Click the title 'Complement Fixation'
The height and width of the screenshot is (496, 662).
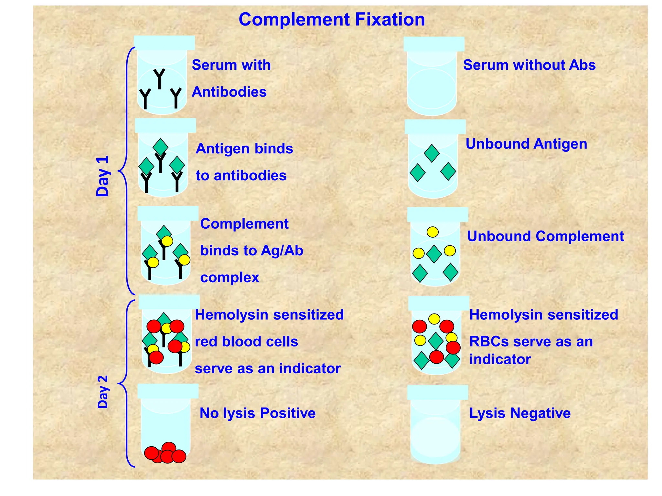pyautogui.click(x=331, y=19)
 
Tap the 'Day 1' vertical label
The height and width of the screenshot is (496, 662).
pyautogui.click(x=103, y=176)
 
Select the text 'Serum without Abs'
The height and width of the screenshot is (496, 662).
pyautogui.click(x=529, y=65)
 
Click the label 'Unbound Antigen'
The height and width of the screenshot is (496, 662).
pyautogui.click(x=526, y=144)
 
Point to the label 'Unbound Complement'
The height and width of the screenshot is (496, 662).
pyautogui.click(x=545, y=236)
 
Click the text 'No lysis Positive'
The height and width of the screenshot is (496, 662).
pyautogui.click(x=257, y=413)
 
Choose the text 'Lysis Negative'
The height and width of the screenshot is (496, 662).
pyautogui.click(x=520, y=413)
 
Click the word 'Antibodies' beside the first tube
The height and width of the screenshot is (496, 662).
pyautogui.click(x=229, y=92)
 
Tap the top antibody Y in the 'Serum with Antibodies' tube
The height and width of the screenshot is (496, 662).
pyautogui.click(x=159, y=78)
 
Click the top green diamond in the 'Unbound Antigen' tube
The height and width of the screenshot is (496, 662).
pyautogui.click(x=432, y=153)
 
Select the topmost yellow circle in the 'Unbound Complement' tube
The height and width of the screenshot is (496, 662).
pyautogui.click(x=432, y=232)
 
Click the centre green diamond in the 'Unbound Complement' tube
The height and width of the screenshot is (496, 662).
pyautogui.click(x=434, y=254)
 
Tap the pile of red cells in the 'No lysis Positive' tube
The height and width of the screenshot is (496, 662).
pyautogui.click(x=165, y=453)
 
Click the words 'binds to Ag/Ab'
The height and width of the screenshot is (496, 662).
pyautogui.click(x=251, y=251)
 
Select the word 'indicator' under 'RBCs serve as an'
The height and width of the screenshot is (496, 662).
pyautogui.click(x=500, y=359)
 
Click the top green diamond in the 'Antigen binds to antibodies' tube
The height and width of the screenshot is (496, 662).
pyautogui.click(x=160, y=147)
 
